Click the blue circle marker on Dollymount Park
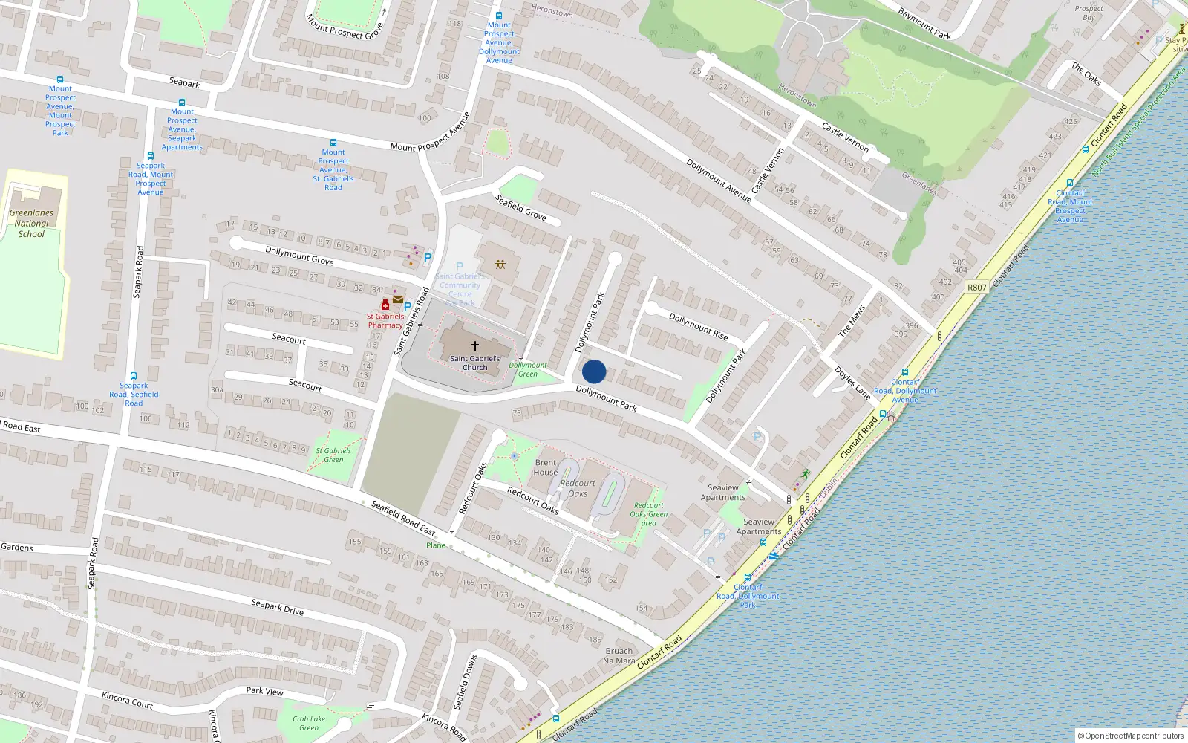(x=594, y=371)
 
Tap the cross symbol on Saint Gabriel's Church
(x=475, y=346)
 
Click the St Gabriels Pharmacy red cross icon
(x=385, y=305)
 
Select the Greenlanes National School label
(x=31, y=223)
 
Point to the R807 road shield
(x=977, y=288)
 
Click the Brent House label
(x=546, y=467)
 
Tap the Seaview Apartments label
(x=723, y=493)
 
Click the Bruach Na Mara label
(x=619, y=656)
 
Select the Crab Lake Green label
(x=309, y=723)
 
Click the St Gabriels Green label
(x=333, y=455)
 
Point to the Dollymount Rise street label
(x=699, y=326)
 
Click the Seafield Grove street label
(x=520, y=207)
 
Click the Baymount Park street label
(x=924, y=24)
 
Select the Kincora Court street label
(x=127, y=700)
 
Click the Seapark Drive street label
(x=277, y=607)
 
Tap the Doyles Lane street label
(x=852, y=383)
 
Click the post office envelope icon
(x=398, y=299)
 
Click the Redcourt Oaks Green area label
(x=649, y=514)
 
